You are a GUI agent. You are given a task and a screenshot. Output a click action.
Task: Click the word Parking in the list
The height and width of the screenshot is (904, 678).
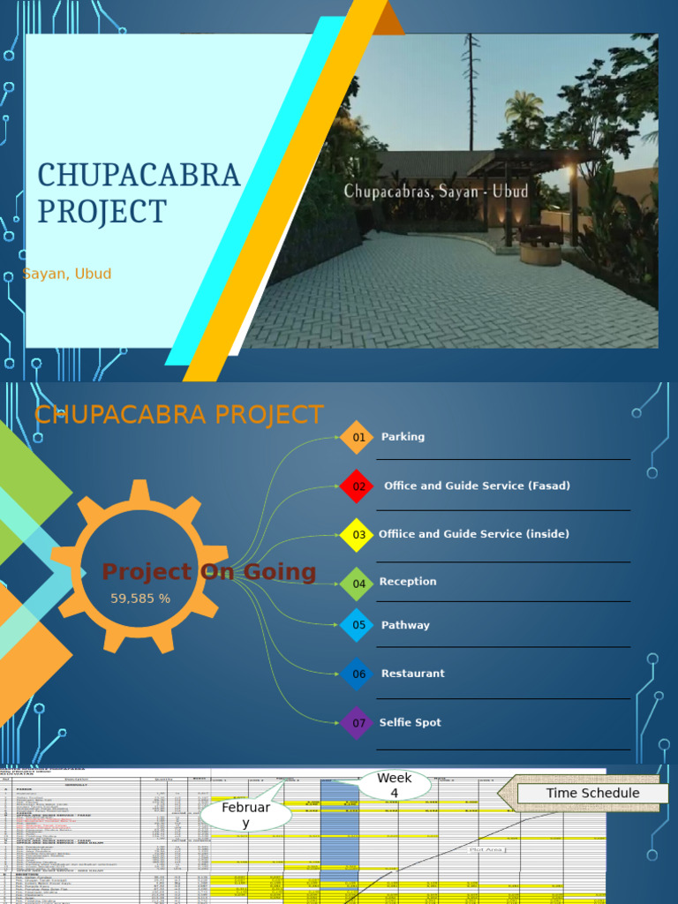403,437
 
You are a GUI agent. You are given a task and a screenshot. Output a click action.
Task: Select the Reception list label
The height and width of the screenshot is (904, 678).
408,582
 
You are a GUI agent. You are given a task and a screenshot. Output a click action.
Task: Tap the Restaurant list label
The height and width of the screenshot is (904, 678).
412,674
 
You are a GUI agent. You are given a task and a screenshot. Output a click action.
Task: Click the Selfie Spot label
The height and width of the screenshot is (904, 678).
411,723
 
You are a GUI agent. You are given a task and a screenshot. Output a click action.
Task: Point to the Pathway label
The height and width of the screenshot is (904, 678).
405,625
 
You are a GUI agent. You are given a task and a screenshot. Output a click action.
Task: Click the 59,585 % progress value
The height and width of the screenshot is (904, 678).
140,599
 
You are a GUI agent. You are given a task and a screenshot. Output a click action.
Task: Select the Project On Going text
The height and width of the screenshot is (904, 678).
209,572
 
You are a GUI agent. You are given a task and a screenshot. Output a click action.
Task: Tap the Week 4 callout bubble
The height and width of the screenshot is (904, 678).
395,785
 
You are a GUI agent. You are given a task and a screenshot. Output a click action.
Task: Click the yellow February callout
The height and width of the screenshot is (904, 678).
246,815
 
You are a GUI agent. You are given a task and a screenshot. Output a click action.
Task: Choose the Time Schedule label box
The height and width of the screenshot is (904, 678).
591,793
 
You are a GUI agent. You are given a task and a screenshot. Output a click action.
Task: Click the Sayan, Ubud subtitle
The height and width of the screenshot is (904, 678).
67,274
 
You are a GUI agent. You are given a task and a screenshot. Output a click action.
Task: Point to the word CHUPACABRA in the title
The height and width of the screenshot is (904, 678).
139,176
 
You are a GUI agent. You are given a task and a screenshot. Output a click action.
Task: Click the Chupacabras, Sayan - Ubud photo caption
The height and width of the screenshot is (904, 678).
436,191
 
